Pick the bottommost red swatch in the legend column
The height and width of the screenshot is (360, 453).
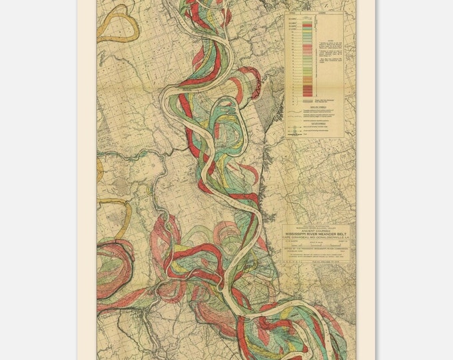pos(307,91)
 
